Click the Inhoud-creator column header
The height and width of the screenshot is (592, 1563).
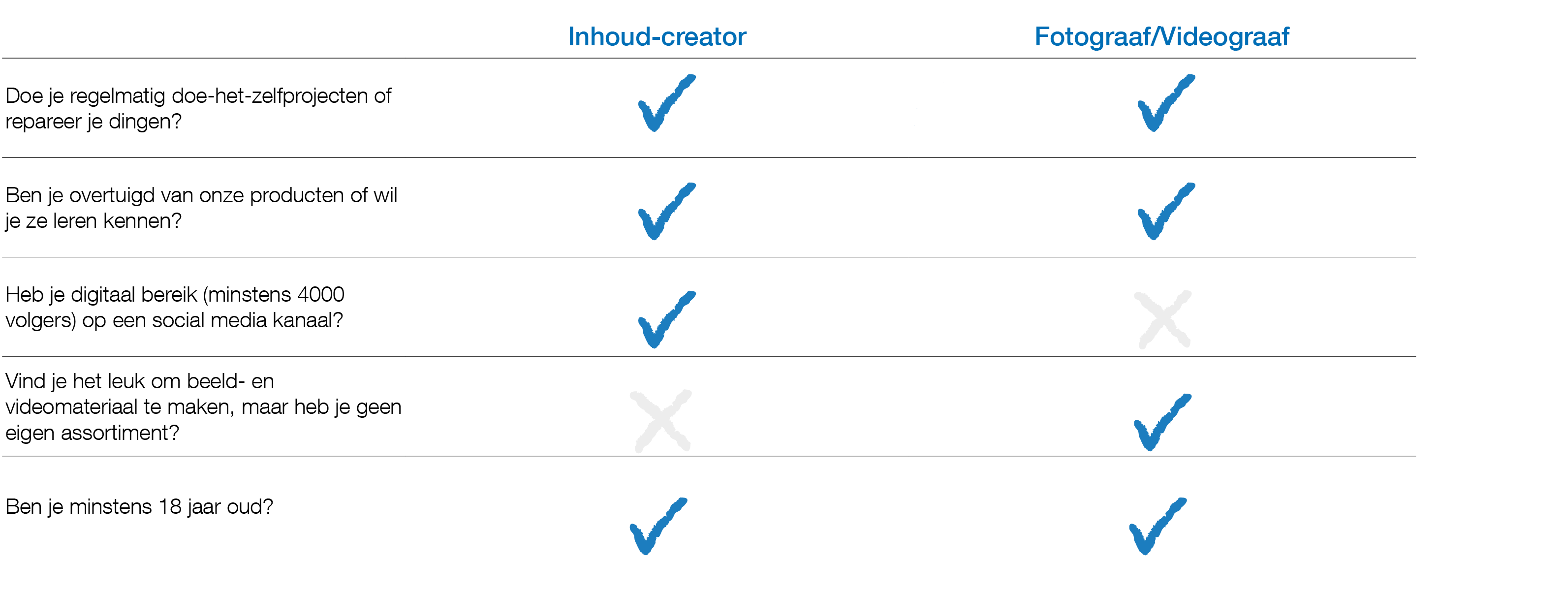click(656, 37)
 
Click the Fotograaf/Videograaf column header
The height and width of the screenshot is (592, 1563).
click(1161, 37)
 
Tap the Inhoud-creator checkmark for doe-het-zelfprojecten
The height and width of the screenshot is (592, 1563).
click(665, 104)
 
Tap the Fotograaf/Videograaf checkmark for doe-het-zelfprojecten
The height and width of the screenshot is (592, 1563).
click(1164, 104)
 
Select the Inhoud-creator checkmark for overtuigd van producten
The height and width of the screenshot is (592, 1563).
click(665, 212)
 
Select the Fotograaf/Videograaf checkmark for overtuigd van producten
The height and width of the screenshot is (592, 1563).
click(1164, 212)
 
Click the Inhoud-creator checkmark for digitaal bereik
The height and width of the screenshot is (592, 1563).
click(665, 320)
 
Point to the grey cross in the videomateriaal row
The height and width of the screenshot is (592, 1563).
click(661, 421)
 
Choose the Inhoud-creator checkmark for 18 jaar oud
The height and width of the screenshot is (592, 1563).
click(656, 527)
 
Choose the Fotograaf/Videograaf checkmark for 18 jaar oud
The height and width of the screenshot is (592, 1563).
click(1156, 527)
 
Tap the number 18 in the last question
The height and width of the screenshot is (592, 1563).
click(170, 506)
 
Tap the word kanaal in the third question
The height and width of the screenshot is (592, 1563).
click(308, 320)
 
